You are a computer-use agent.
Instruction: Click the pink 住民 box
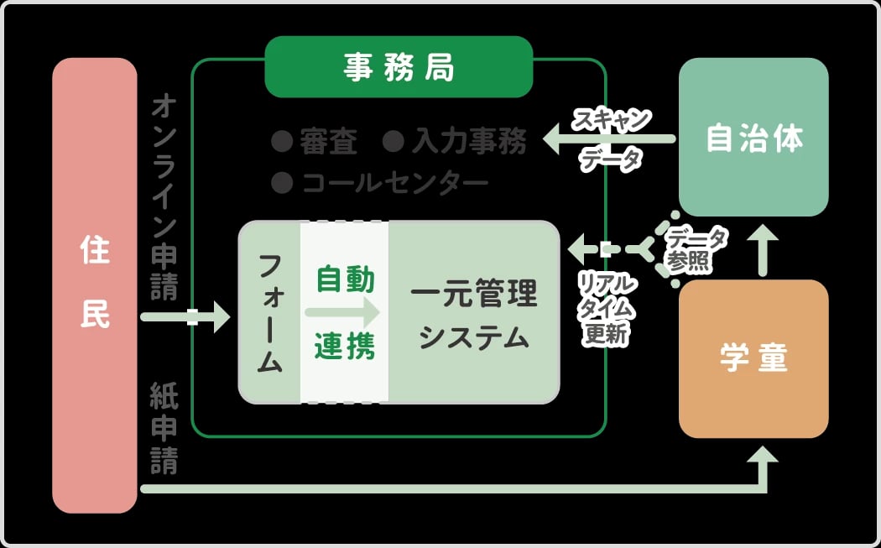coord(94,285)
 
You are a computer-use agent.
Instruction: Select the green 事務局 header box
coord(399,67)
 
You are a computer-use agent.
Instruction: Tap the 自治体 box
coord(753,138)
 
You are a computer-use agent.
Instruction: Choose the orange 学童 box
coord(753,358)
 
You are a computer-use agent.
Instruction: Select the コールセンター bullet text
coord(394,182)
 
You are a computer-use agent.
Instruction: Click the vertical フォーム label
coord(269,313)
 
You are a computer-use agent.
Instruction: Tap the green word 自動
coord(345,279)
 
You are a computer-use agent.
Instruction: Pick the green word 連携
coord(345,346)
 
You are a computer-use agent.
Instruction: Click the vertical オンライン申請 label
coord(164,197)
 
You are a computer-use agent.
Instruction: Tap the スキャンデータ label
coord(611,138)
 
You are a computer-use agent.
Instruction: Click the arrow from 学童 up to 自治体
coord(764,249)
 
